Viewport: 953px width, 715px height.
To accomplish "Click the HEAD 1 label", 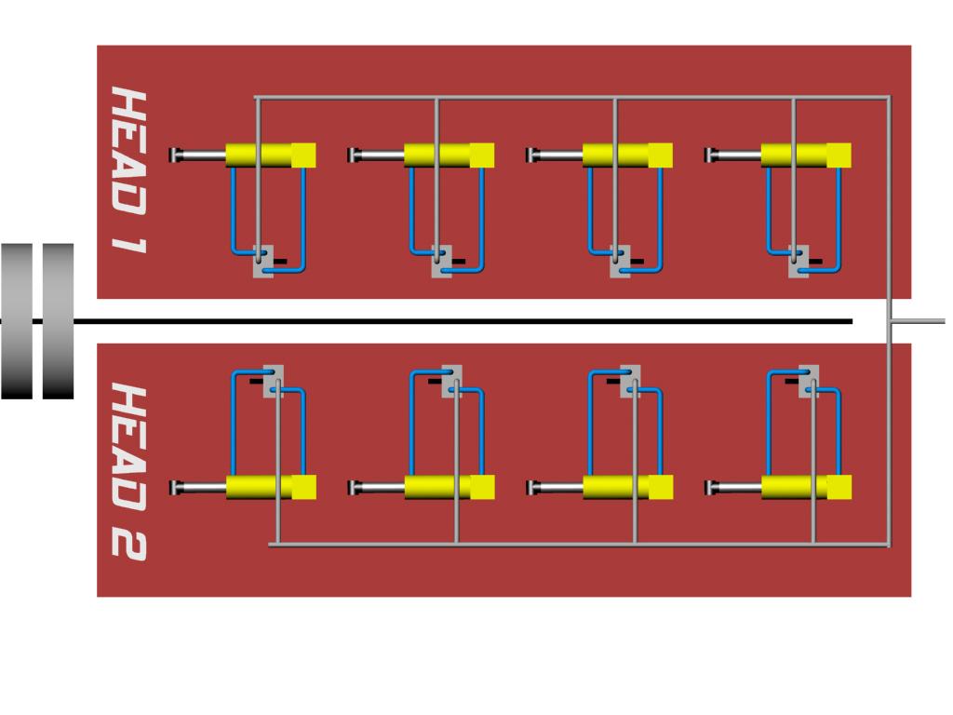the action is (x=128, y=169).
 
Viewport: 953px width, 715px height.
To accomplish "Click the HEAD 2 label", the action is (x=128, y=472).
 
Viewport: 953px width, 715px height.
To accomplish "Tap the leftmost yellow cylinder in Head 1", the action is (x=271, y=155).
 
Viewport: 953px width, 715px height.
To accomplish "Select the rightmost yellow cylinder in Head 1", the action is (x=806, y=155).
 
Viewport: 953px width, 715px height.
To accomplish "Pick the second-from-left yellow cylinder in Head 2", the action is (x=450, y=487).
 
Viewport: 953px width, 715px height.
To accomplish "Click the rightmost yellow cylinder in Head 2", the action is (x=806, y=487).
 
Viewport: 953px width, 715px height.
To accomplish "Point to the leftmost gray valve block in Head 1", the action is (x=263, y=262).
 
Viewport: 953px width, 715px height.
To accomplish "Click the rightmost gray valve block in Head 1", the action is (x=799, y=262).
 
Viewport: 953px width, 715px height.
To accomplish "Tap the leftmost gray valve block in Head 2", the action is (x=274, y=381).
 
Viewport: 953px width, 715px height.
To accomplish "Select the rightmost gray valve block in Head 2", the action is (x=809, y=381).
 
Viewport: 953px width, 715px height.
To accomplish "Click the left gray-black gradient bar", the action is (x=17, y=321).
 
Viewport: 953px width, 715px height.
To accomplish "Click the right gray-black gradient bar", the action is (x=59, y=321).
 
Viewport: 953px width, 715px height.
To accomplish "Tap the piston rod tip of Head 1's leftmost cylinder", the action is (x=172, y=155).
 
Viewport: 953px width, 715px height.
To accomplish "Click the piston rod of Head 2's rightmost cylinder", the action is (x=733, y=487).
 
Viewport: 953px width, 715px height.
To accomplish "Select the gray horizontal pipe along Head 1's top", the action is (x=572, y=97).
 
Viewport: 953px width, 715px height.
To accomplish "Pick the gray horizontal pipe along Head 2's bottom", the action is (x=579, y=545).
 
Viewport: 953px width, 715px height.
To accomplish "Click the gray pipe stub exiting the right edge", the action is (x=919, y=321).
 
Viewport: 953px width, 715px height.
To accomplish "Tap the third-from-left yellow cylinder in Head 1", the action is (x=627, y=155).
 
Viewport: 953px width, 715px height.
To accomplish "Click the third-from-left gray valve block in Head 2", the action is (x=630, y=381).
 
